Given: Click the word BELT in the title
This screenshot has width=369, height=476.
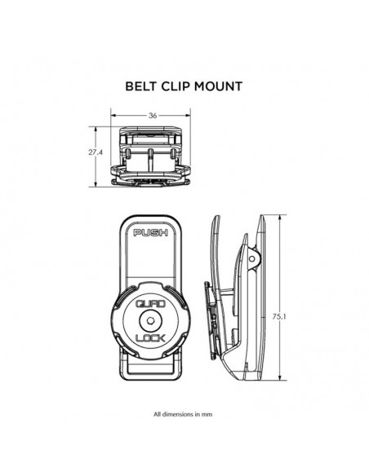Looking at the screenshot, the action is tap(141, 86).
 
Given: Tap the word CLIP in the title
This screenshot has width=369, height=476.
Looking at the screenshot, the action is tap(176, 86).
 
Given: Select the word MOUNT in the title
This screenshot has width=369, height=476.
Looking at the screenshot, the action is tap(218, 86).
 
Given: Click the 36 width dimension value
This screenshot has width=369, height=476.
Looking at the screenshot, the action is tap(153, 116).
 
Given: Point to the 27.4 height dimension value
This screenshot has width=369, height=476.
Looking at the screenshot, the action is tap(96, 152).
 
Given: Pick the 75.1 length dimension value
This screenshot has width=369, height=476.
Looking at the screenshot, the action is tap(279, 316).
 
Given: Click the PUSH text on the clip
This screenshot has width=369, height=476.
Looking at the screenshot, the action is tap(151, 233).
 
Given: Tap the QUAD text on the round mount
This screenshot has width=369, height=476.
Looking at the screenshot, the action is tap(150, 304).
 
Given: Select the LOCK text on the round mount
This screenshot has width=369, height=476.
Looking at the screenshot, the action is tap(150, 337).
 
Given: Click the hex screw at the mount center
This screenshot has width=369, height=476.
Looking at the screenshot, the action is tap(150, 320).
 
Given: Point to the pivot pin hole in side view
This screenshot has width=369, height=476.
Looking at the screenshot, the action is tap(252, 258).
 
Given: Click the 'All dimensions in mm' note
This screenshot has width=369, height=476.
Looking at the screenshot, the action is tap(183, 414).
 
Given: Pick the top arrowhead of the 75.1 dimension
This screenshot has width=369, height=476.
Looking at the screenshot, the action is tap(280, 218).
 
